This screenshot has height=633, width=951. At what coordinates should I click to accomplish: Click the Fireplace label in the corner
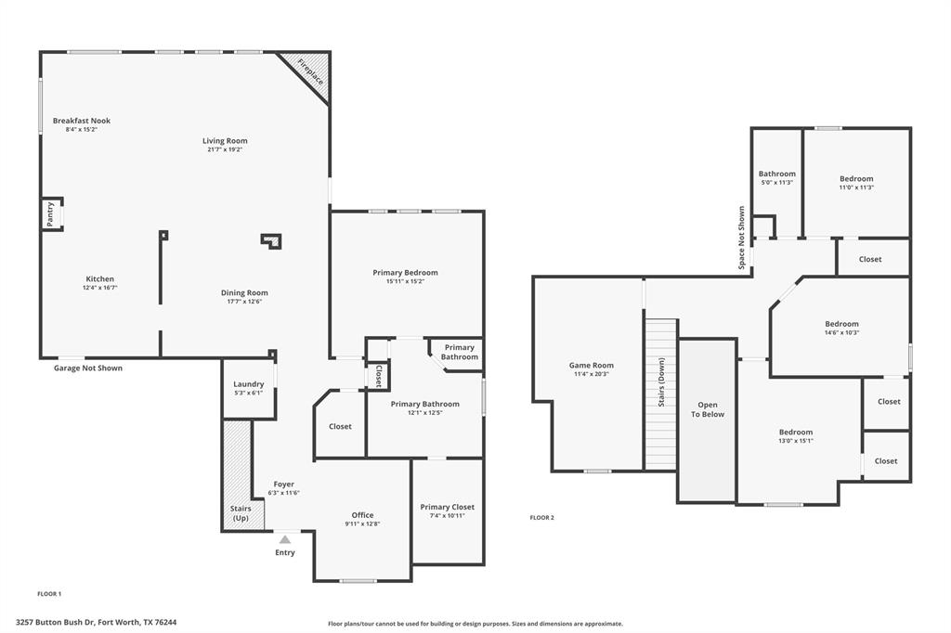(x=310, y=71)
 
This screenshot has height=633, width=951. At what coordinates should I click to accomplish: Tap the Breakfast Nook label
(x=82, y=121)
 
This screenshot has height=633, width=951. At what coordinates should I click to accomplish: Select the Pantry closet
(x=51, y=213)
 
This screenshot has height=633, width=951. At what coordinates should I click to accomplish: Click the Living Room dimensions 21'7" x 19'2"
(x=225, y=149)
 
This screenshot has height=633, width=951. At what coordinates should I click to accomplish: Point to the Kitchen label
(x=100, y=278)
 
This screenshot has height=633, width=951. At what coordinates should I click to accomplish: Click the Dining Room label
(x=244, y=292)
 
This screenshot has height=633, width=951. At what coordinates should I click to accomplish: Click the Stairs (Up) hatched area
(x=237, y=464)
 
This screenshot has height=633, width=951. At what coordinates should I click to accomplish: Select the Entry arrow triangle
(x=285, y=539)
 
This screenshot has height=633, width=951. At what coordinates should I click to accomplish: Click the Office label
(x=362, y=515)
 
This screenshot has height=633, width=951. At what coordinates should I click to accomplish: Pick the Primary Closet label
(x=447, y=507)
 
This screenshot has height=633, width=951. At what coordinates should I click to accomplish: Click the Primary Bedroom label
(x=405, y=272)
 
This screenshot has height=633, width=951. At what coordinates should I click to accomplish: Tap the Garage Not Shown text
(x=88, y=368)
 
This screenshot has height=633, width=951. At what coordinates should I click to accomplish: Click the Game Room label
(x=592, y=365)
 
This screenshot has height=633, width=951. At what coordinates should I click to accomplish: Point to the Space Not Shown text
(x=741, y=238)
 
